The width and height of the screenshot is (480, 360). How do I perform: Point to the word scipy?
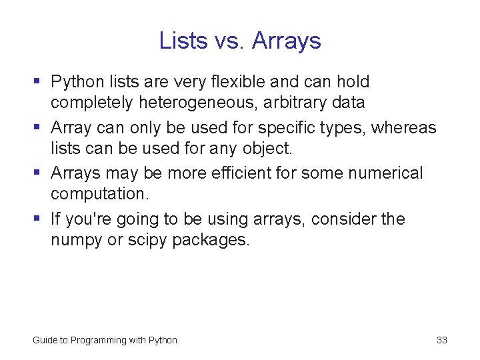point(147,239)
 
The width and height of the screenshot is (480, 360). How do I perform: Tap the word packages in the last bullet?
point(211,239)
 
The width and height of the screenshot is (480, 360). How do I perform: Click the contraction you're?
point(91,219)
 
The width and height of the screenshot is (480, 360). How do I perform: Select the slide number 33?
point(441,340)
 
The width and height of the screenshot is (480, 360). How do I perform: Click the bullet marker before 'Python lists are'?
point(37,82)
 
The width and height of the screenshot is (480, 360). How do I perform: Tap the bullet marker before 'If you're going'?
point(37,219)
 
